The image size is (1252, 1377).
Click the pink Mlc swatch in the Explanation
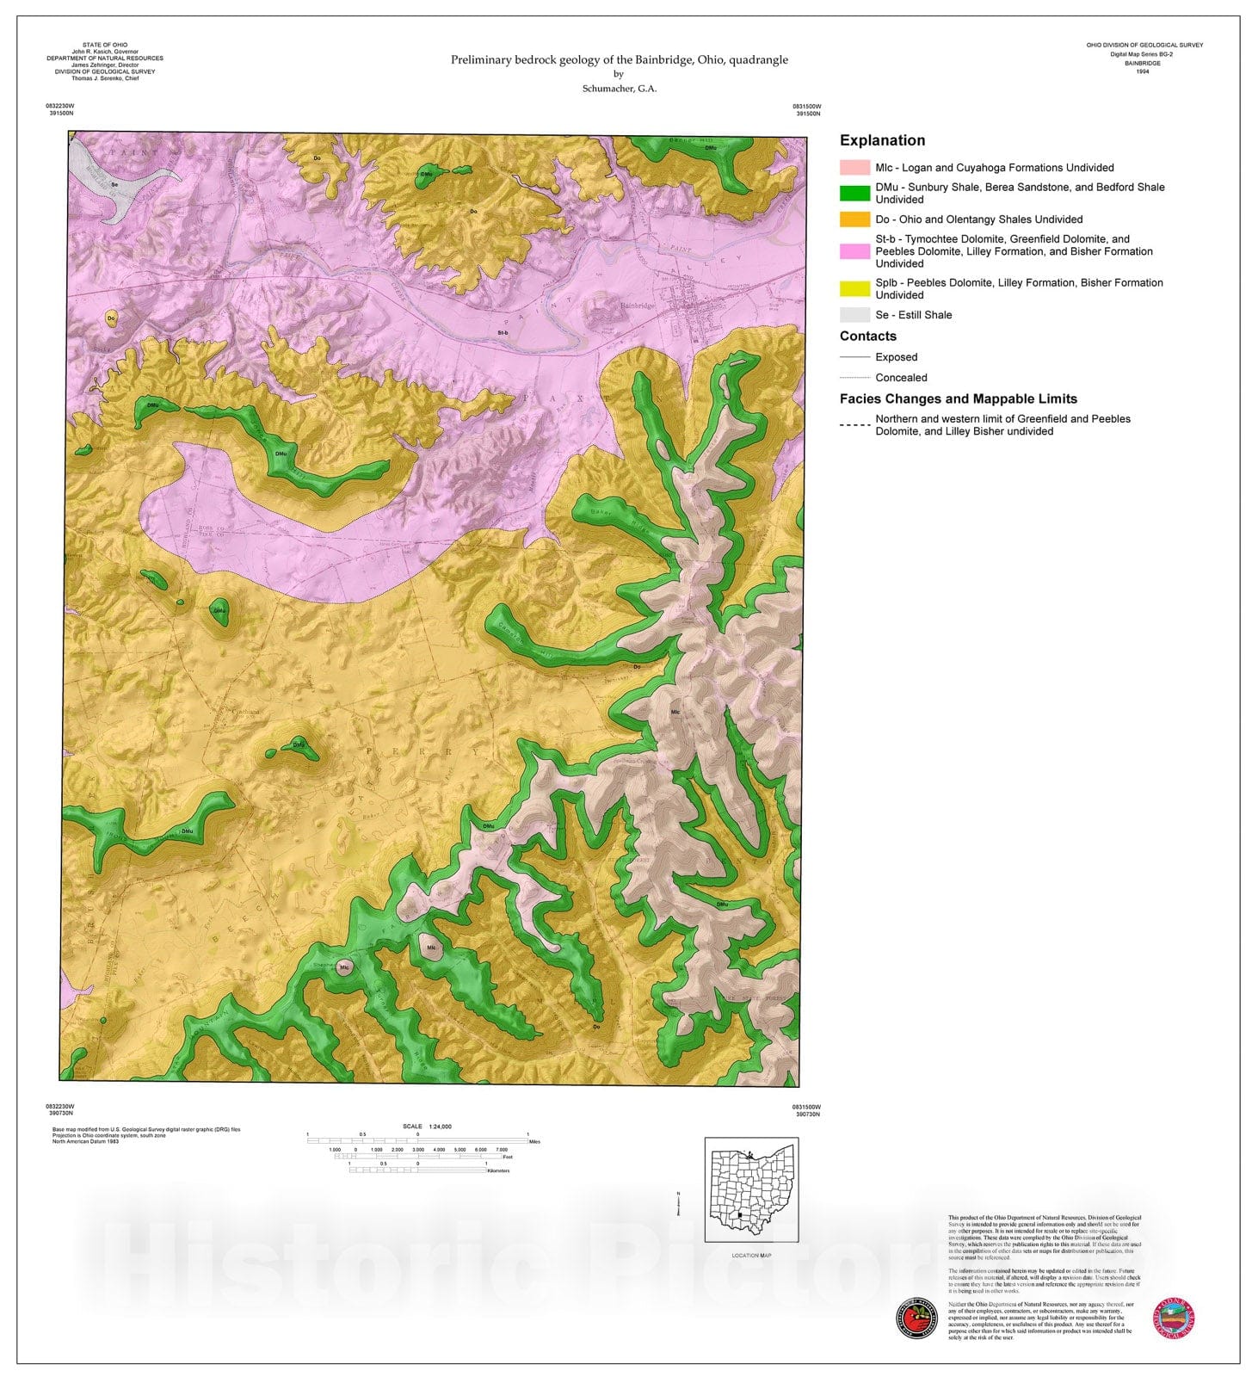pos(854,167)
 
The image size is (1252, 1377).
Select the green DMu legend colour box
pos(854,193)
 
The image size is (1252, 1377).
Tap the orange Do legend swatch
pos(854,219)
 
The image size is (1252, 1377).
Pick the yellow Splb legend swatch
pos(854,288)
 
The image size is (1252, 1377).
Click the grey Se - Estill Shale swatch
pos(854,315)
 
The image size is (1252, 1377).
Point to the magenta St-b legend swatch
pos(854,251)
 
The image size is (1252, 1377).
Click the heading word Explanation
pos(882,140)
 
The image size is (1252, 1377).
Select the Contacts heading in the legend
pos(867,337)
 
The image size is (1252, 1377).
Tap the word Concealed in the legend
pos(901,378)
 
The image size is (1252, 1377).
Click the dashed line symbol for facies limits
pos(854,425)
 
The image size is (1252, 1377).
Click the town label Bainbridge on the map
pos(636,306)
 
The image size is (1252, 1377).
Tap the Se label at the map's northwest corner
pos(114,184)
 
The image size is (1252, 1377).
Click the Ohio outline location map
pos(751,1190)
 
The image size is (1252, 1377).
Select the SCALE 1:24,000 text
pos(427,1126)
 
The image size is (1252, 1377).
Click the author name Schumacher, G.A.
pos(619,89)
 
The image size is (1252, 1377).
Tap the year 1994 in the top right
pos(1144,71)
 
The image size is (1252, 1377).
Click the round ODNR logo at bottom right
pos(1173,1319)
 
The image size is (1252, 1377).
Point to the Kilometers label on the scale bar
pos(498,1170)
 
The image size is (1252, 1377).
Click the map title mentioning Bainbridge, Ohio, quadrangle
pos(619,59)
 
